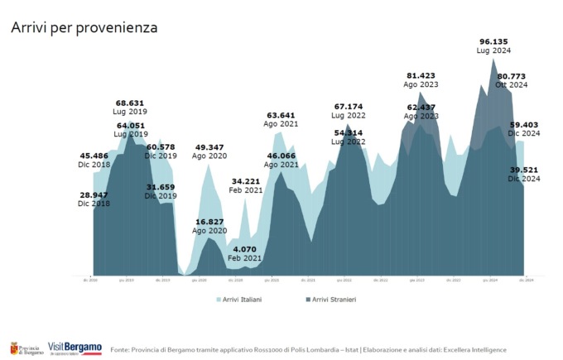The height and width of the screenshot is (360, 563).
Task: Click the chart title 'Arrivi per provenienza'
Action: (84, 27)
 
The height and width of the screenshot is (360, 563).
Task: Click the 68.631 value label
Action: (131, 103)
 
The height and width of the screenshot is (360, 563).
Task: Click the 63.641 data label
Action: (281, 115)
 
